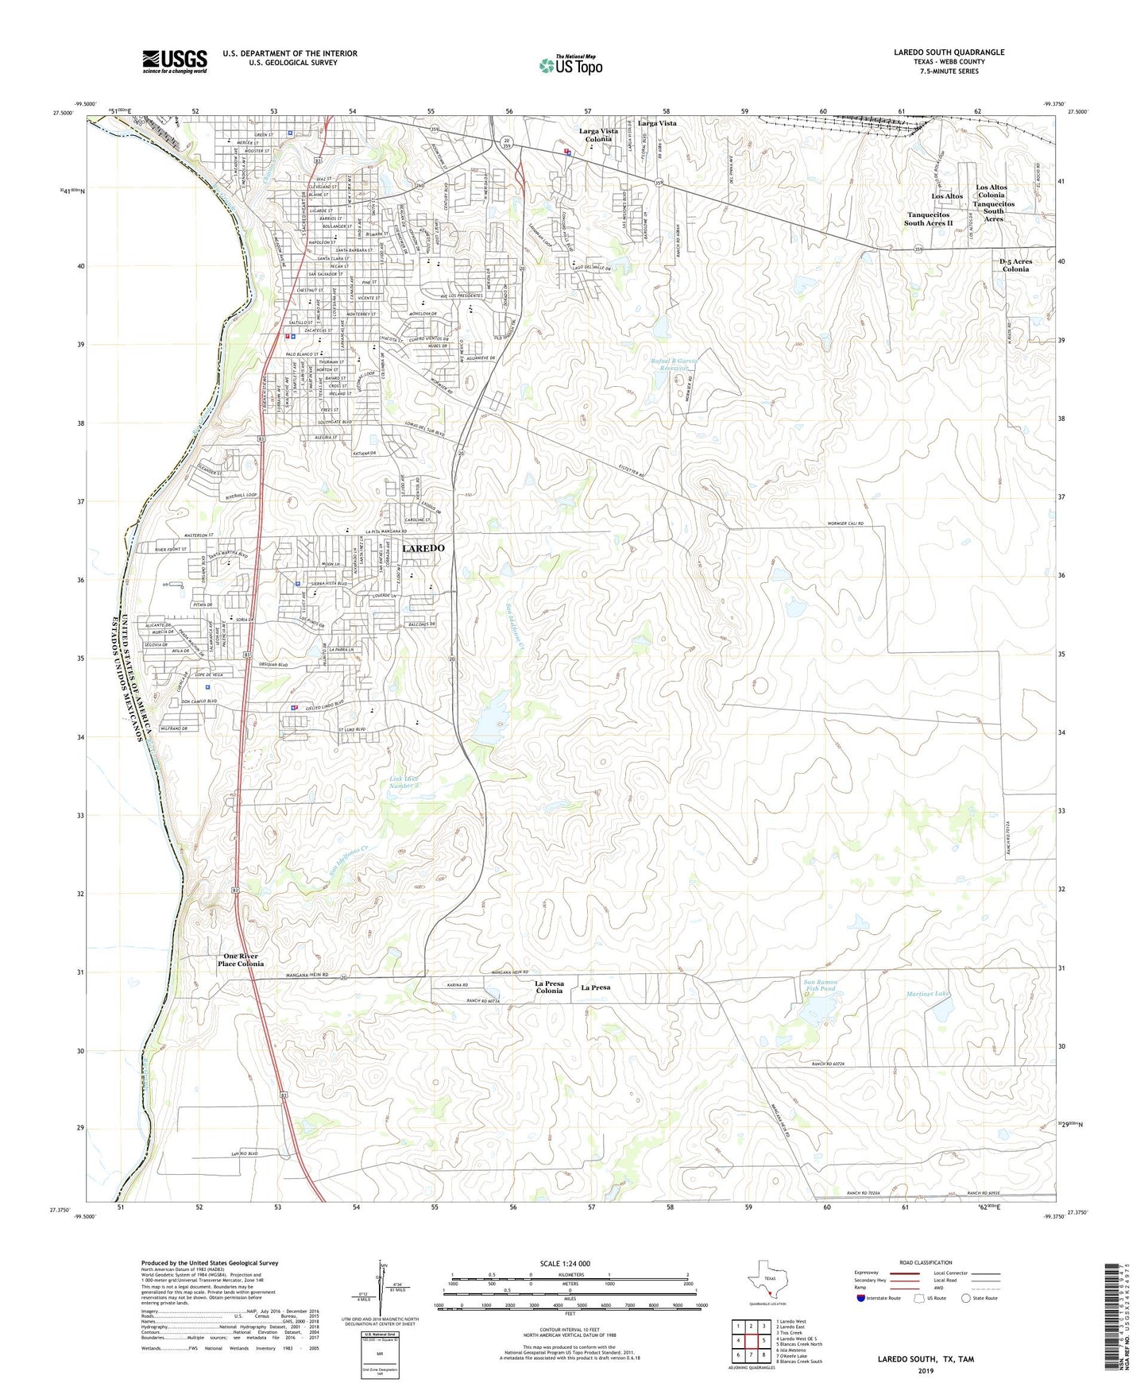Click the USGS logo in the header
(x=175, y=61)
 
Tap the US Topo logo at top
(x=570, y=66)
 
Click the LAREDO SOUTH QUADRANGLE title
(x=949, y=52)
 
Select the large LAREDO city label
(x=423, y=549)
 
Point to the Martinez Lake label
(x=928, y=994)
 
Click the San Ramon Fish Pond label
(x=820, y=986)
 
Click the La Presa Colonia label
(x=549, y=987)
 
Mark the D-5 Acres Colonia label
(x=1015, y=265)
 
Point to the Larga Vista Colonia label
(x=598, y=135)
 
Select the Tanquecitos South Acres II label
(x=928, y=219)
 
